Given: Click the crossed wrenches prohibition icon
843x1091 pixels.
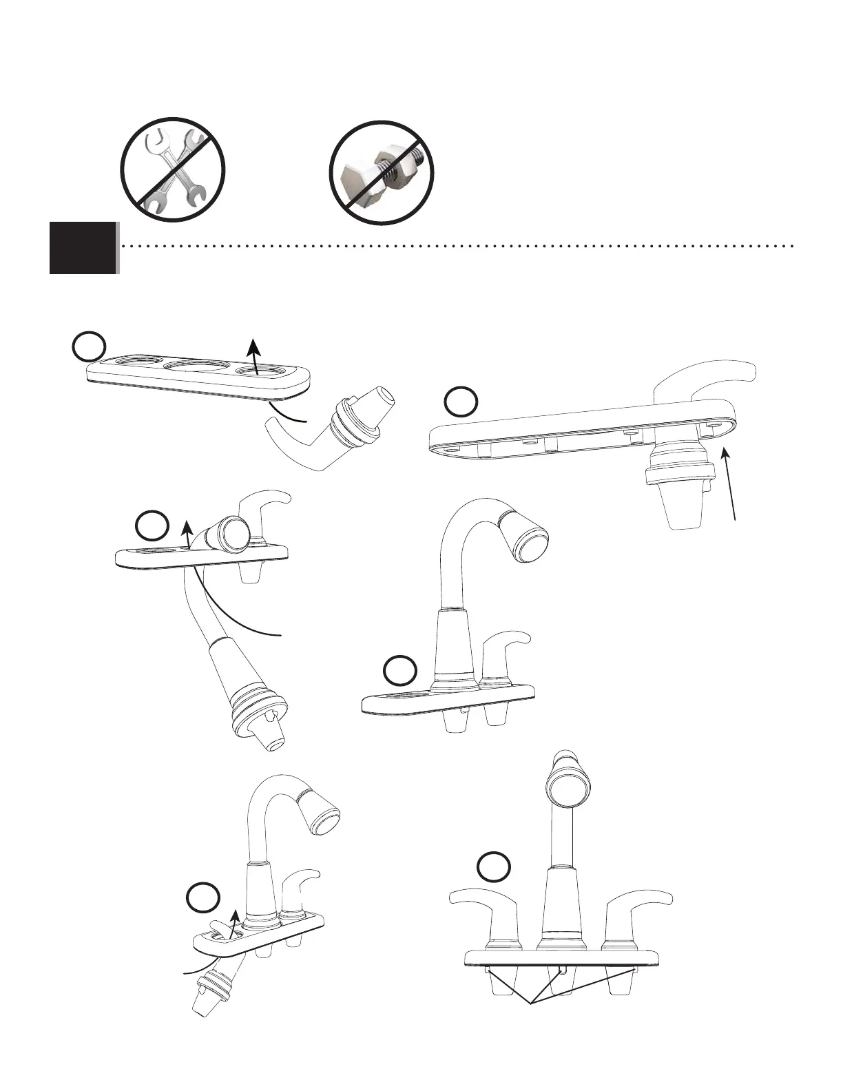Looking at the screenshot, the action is (x=173, y=169).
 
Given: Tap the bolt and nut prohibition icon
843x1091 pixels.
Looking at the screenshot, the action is (x=382, y=172).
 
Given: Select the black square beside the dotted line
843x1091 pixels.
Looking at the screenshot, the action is (x=83, y=247).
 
